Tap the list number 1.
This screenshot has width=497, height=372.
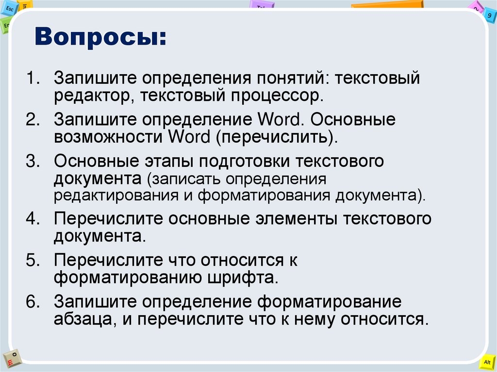pos(33,79)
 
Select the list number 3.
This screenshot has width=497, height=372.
pos(33,161)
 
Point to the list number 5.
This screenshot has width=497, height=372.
pos(33,260)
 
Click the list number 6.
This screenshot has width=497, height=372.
pos(33,302)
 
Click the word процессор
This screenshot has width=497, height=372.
pos(279,95)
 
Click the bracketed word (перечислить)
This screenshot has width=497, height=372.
pos(277,137)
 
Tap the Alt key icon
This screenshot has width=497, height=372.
pos(486,362)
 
